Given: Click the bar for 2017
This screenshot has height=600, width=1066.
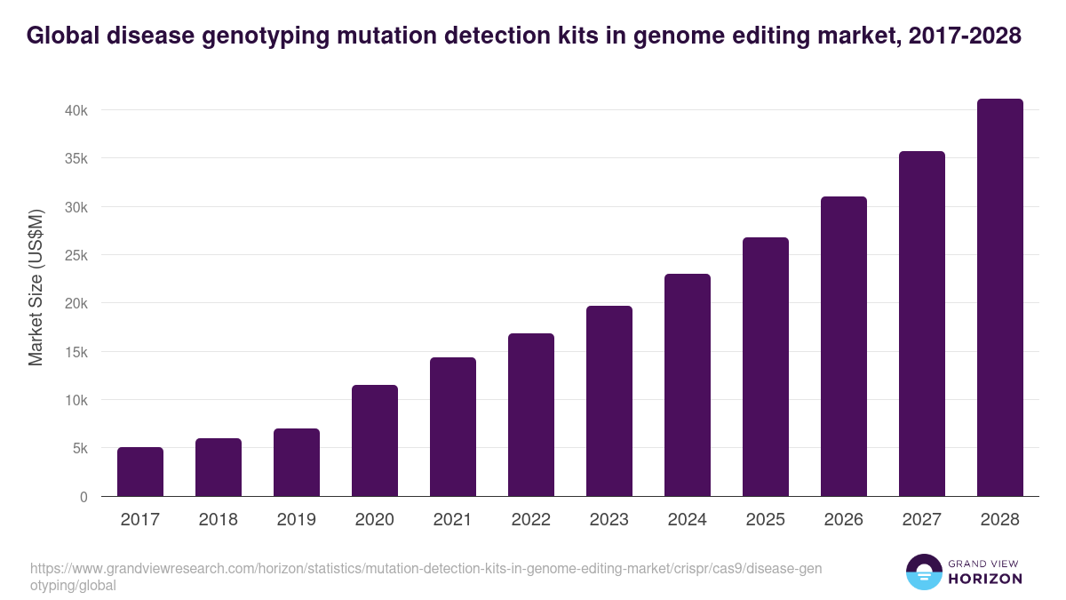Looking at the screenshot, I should pos(140,472).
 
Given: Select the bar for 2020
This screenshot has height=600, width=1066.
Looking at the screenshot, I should pos(375,441).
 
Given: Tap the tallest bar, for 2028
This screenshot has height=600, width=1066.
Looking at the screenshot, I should pos(1000,298).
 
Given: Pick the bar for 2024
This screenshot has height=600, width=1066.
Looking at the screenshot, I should pos(688,385).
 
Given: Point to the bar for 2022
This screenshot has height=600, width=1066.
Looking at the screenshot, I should pos(531,415).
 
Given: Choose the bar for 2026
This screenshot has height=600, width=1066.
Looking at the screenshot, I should pos(844,347).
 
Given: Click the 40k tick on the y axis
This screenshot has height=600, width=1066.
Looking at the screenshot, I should pos(76,110).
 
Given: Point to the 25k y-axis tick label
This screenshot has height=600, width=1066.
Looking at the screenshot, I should pos(76,255).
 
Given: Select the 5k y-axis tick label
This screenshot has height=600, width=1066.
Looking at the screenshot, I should pos(79,449).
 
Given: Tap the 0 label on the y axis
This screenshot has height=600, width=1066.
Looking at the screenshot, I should pos(84,497).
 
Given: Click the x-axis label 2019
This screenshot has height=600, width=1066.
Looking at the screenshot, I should pos(297,520).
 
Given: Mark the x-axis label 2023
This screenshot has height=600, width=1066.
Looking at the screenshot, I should pos(609,520).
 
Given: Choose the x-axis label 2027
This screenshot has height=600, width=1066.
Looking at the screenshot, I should pos(922,520).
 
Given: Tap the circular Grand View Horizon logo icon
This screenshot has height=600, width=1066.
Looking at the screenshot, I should pos(924,572).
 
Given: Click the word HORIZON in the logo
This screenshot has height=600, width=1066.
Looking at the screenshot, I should pos(984,579).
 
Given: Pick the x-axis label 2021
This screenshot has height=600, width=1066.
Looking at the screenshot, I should pos(453,520).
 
